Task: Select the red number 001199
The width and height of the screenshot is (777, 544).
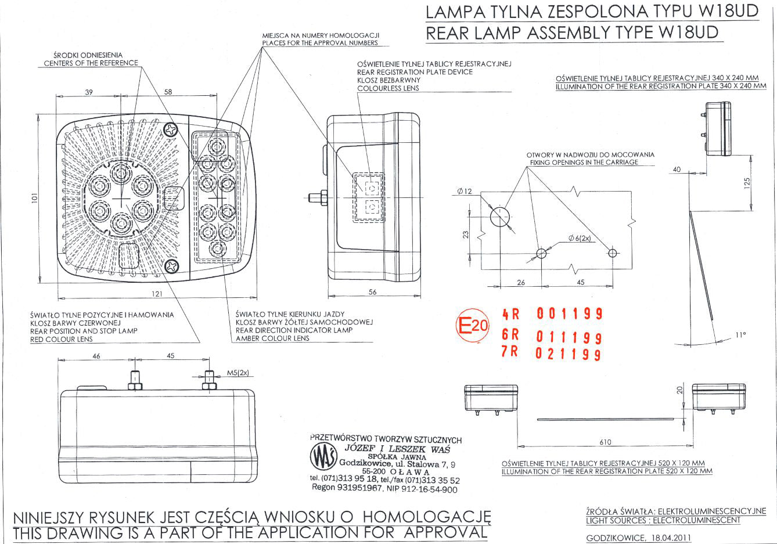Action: coord(569,315)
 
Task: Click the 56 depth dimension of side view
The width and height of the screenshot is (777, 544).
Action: coord(373,293)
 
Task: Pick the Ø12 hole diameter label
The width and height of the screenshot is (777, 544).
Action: coord(465,192)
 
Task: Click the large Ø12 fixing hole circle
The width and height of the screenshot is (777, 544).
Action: coord(499,217)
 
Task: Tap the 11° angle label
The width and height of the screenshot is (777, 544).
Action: coord(740,335)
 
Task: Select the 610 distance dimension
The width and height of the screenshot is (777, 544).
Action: coord(605,442)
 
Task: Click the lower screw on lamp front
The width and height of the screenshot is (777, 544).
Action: coord(172,266)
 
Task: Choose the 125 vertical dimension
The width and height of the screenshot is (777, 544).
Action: coord(747,183)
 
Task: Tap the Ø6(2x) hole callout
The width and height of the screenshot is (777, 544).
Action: coord(580,238)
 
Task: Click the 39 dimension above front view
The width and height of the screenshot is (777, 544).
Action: coord(89,92)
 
